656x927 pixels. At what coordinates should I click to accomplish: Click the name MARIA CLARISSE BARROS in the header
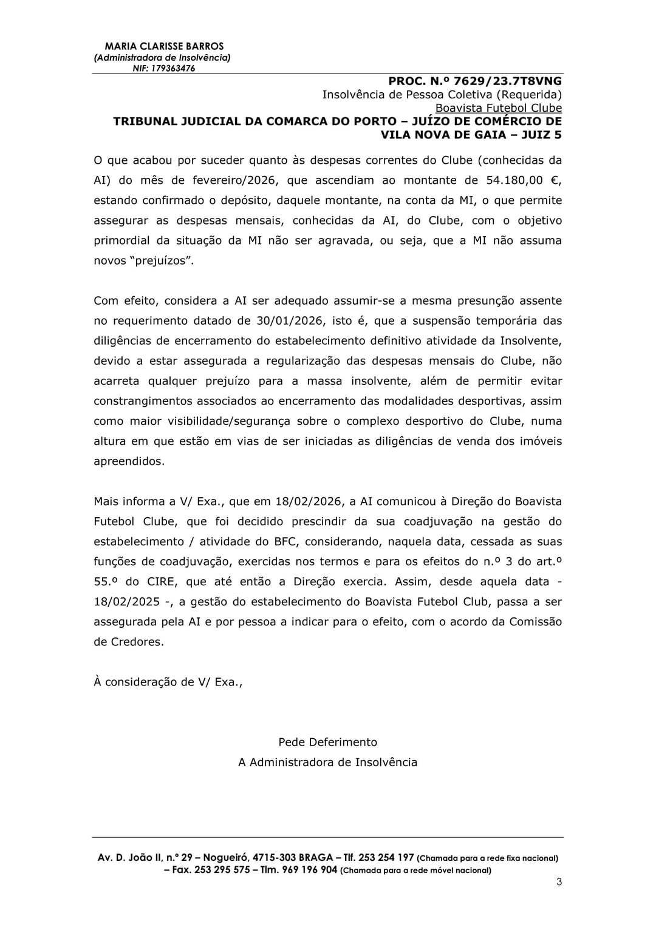point(164,46)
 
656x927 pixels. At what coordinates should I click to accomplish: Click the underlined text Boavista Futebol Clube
point(494,108)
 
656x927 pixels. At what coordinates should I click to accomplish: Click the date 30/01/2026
point(289,321)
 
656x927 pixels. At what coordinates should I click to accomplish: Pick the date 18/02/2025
point(125,602)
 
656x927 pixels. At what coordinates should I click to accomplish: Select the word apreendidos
point(129,461)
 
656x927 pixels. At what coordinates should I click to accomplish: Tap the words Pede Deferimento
point(327,742)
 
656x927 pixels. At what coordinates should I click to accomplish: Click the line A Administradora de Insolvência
point(327,762)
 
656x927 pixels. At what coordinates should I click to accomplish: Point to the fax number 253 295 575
point(218,870)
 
